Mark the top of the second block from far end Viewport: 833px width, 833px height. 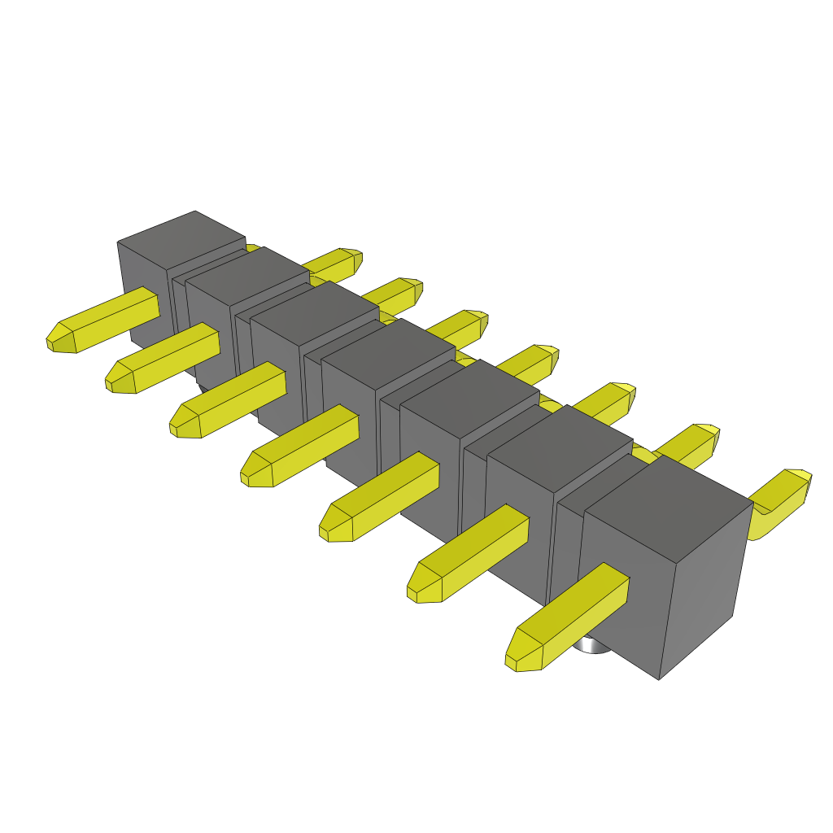(x=247, y=276)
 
